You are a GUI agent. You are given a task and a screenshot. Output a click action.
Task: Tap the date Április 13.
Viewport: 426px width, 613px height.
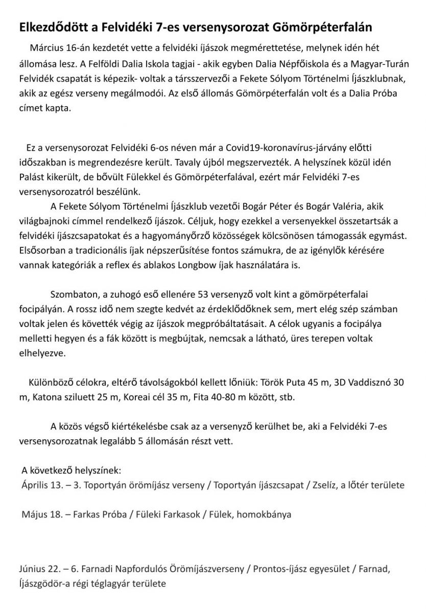[x=43, y=484]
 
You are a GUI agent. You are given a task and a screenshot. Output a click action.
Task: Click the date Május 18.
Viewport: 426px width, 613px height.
[x=41, y=514]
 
